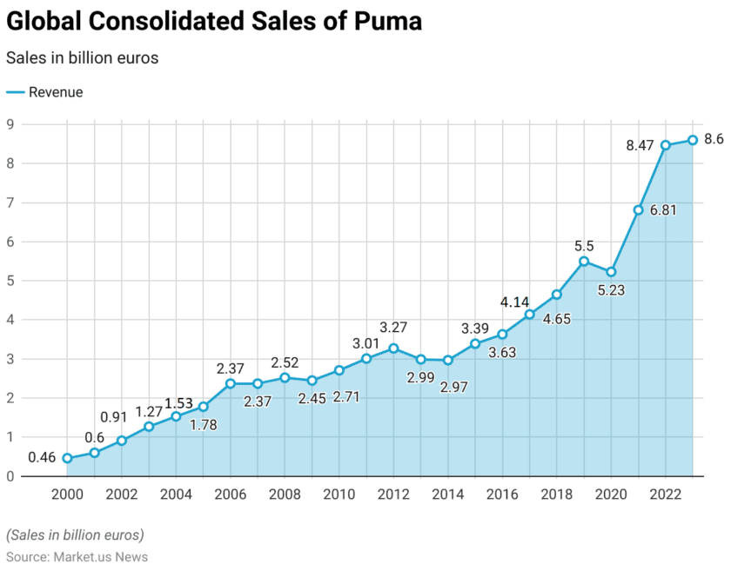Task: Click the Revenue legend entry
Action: [x=56, y=92]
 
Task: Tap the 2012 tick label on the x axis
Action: [x=393, y=494]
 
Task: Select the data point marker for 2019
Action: [x=584, y=261]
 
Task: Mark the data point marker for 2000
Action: [x=67, y=458]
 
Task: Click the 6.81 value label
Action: [x=663, y=210]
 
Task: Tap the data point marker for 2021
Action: [x=638, y=209]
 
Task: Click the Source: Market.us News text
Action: [x=77, y=556]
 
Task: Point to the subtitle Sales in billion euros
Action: [x=82, y=57]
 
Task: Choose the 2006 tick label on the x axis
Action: [x=230, y=494]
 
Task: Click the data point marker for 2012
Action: [x=393, y=349]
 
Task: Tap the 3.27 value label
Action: [x=393, y=328]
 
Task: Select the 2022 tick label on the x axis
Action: [x=665, y=494]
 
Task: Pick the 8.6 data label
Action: [x=714, y=139]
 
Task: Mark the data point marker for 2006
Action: [x=231, y=383]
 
